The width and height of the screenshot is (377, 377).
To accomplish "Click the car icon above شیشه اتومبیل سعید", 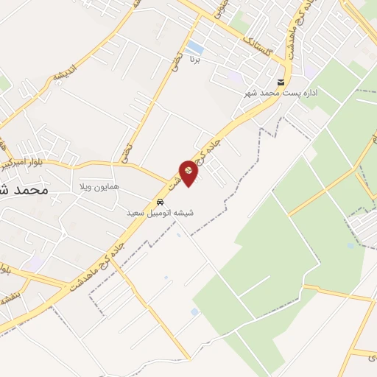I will tap(160, 202).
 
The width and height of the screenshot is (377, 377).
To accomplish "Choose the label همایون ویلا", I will tap(99, 188).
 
